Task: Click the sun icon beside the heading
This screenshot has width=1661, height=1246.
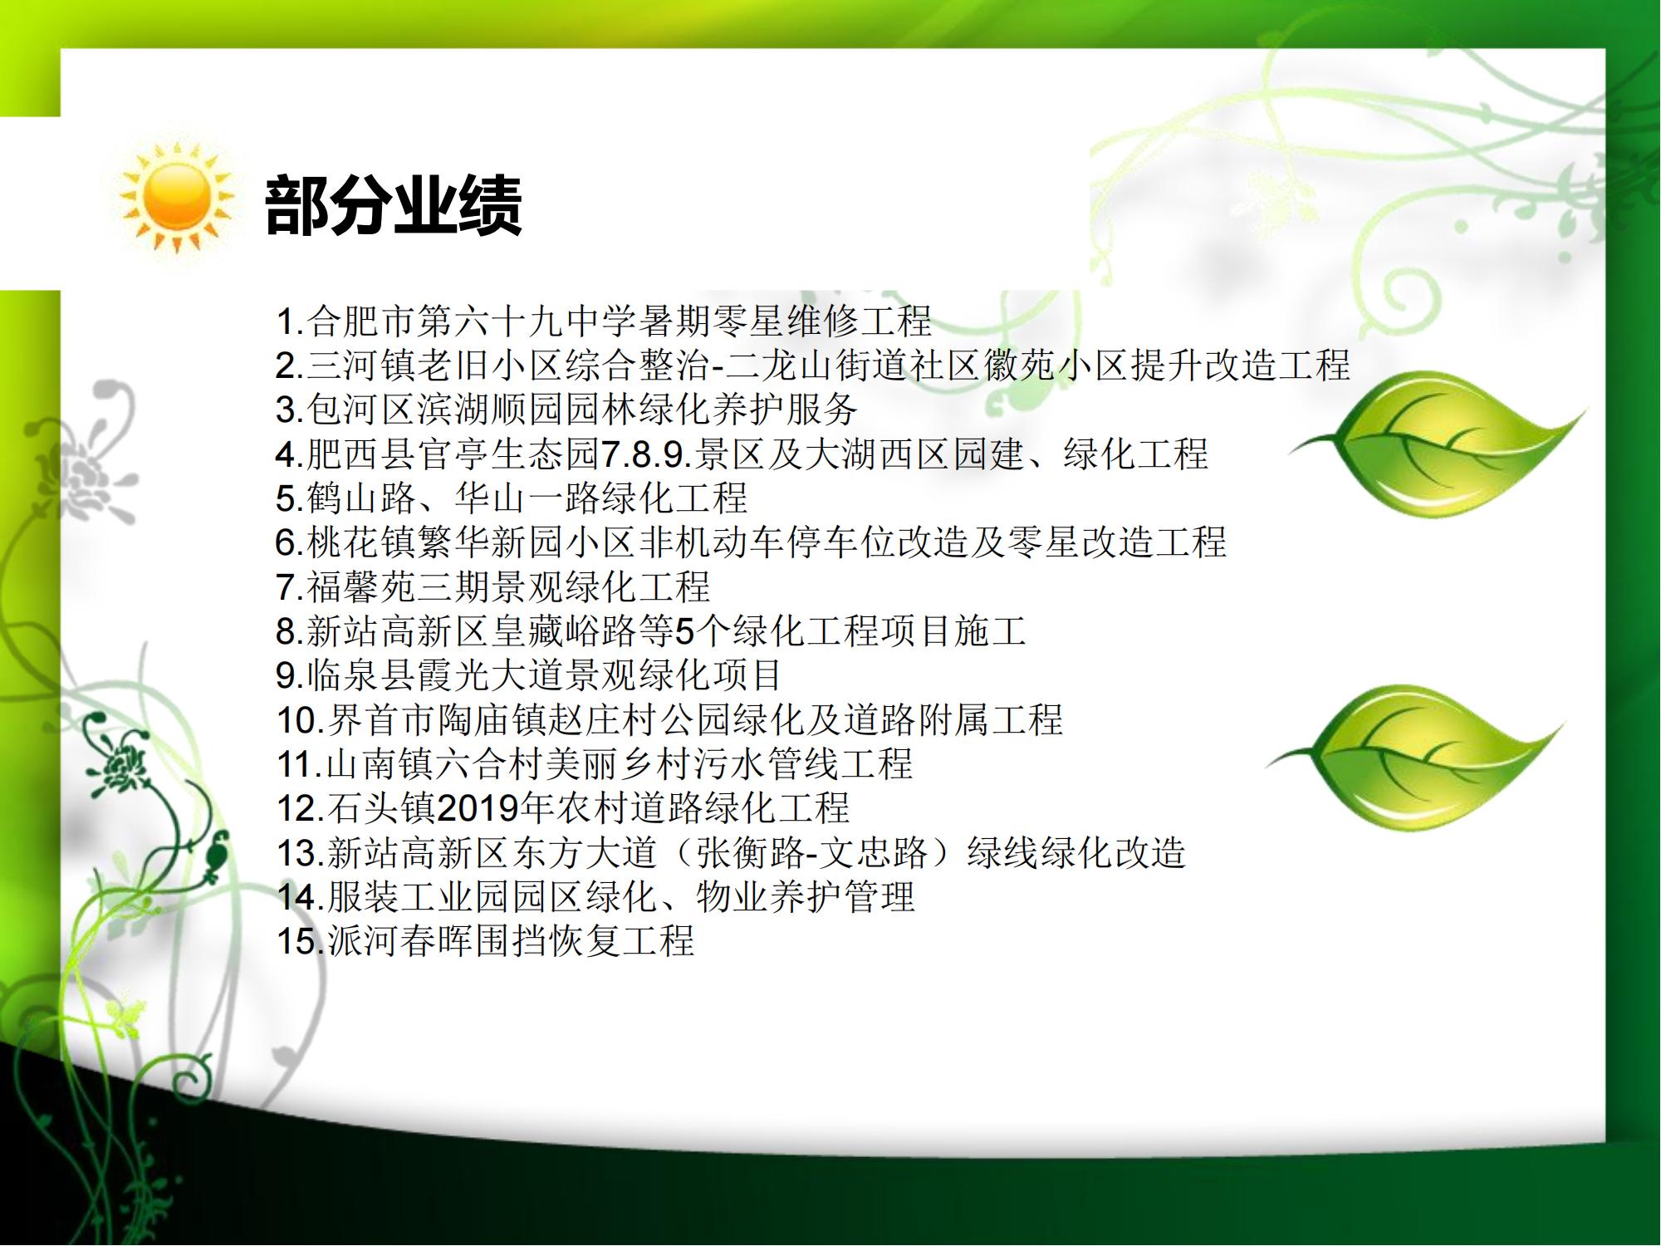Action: click(x=177, y=198)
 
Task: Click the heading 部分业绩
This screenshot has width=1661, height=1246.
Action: click(x=393, y=205)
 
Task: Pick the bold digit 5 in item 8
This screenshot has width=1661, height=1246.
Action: click(x=684, y=632)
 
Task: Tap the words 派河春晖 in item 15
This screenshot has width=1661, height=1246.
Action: click(x=399, y=941)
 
